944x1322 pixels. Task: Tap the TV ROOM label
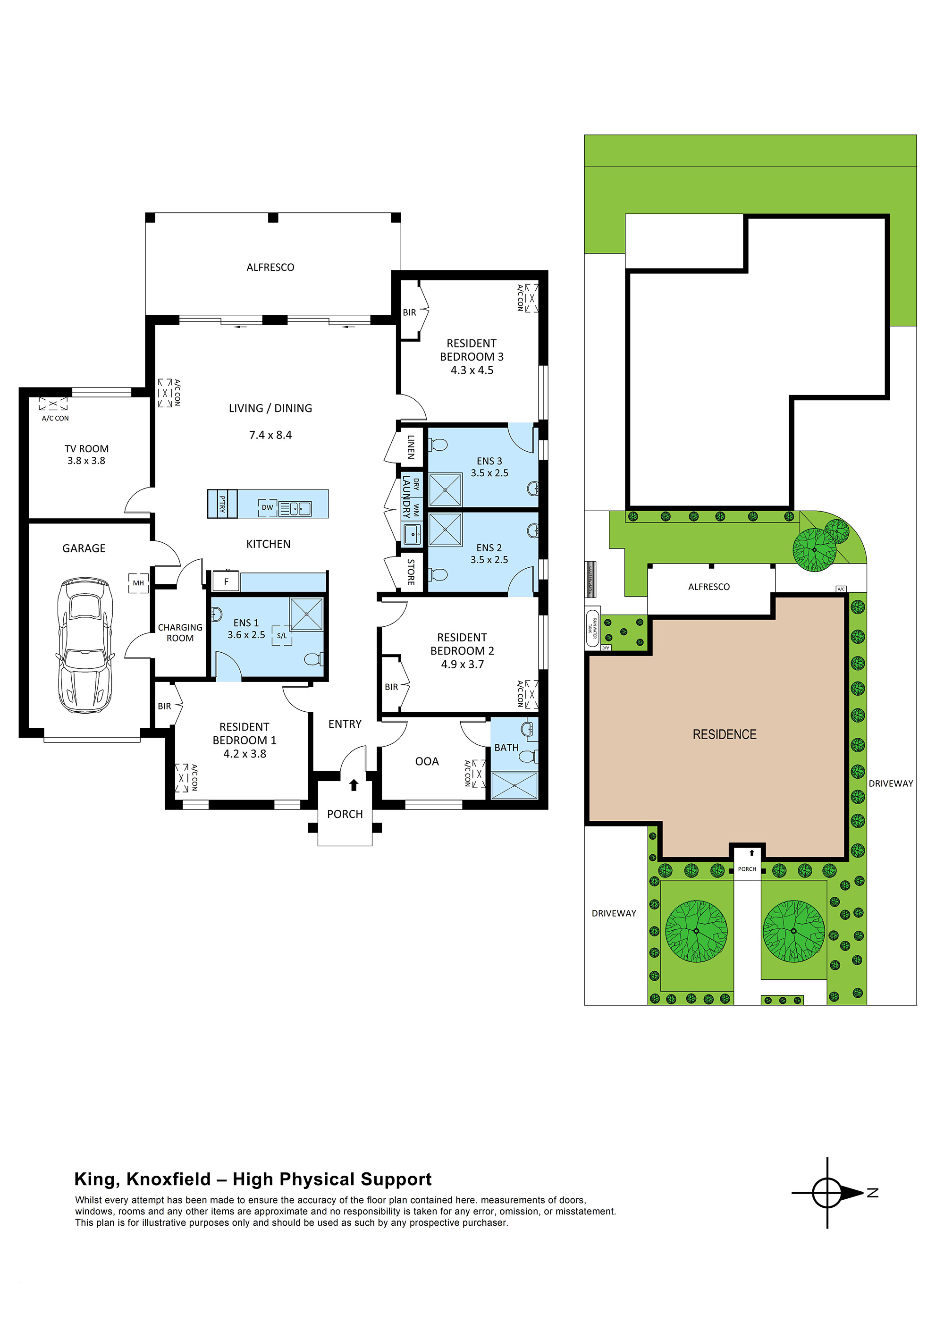pyautogui.click(x=86, y=448)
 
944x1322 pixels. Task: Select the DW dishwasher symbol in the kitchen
pyautogui.click(x=267, y=507)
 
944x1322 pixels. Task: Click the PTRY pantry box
pyautogui.click(x=222, y=503)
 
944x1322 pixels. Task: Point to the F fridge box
pyautogui.click(x=226, y=581)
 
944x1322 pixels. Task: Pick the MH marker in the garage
pyautogui.click(x=138, y=583)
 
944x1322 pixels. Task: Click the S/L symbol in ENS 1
pyautogui.click(x=282, y=636)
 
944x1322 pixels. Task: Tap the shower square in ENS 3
pyautogui.click(x=445, y=489)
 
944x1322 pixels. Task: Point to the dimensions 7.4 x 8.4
pyautogui.click(x=270, y=435)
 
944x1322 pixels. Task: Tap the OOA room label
pyautogui.click(x=427, y=761)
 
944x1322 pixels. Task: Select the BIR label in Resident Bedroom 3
pyautogui.click(x=409, y=312)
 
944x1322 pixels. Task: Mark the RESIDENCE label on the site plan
pyautogui.click(x=724, y=734)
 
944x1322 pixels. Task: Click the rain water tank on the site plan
pyautogui.click(x=592, y=628)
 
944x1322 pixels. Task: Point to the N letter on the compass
pyautogui.click(x=873, y=1193)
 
